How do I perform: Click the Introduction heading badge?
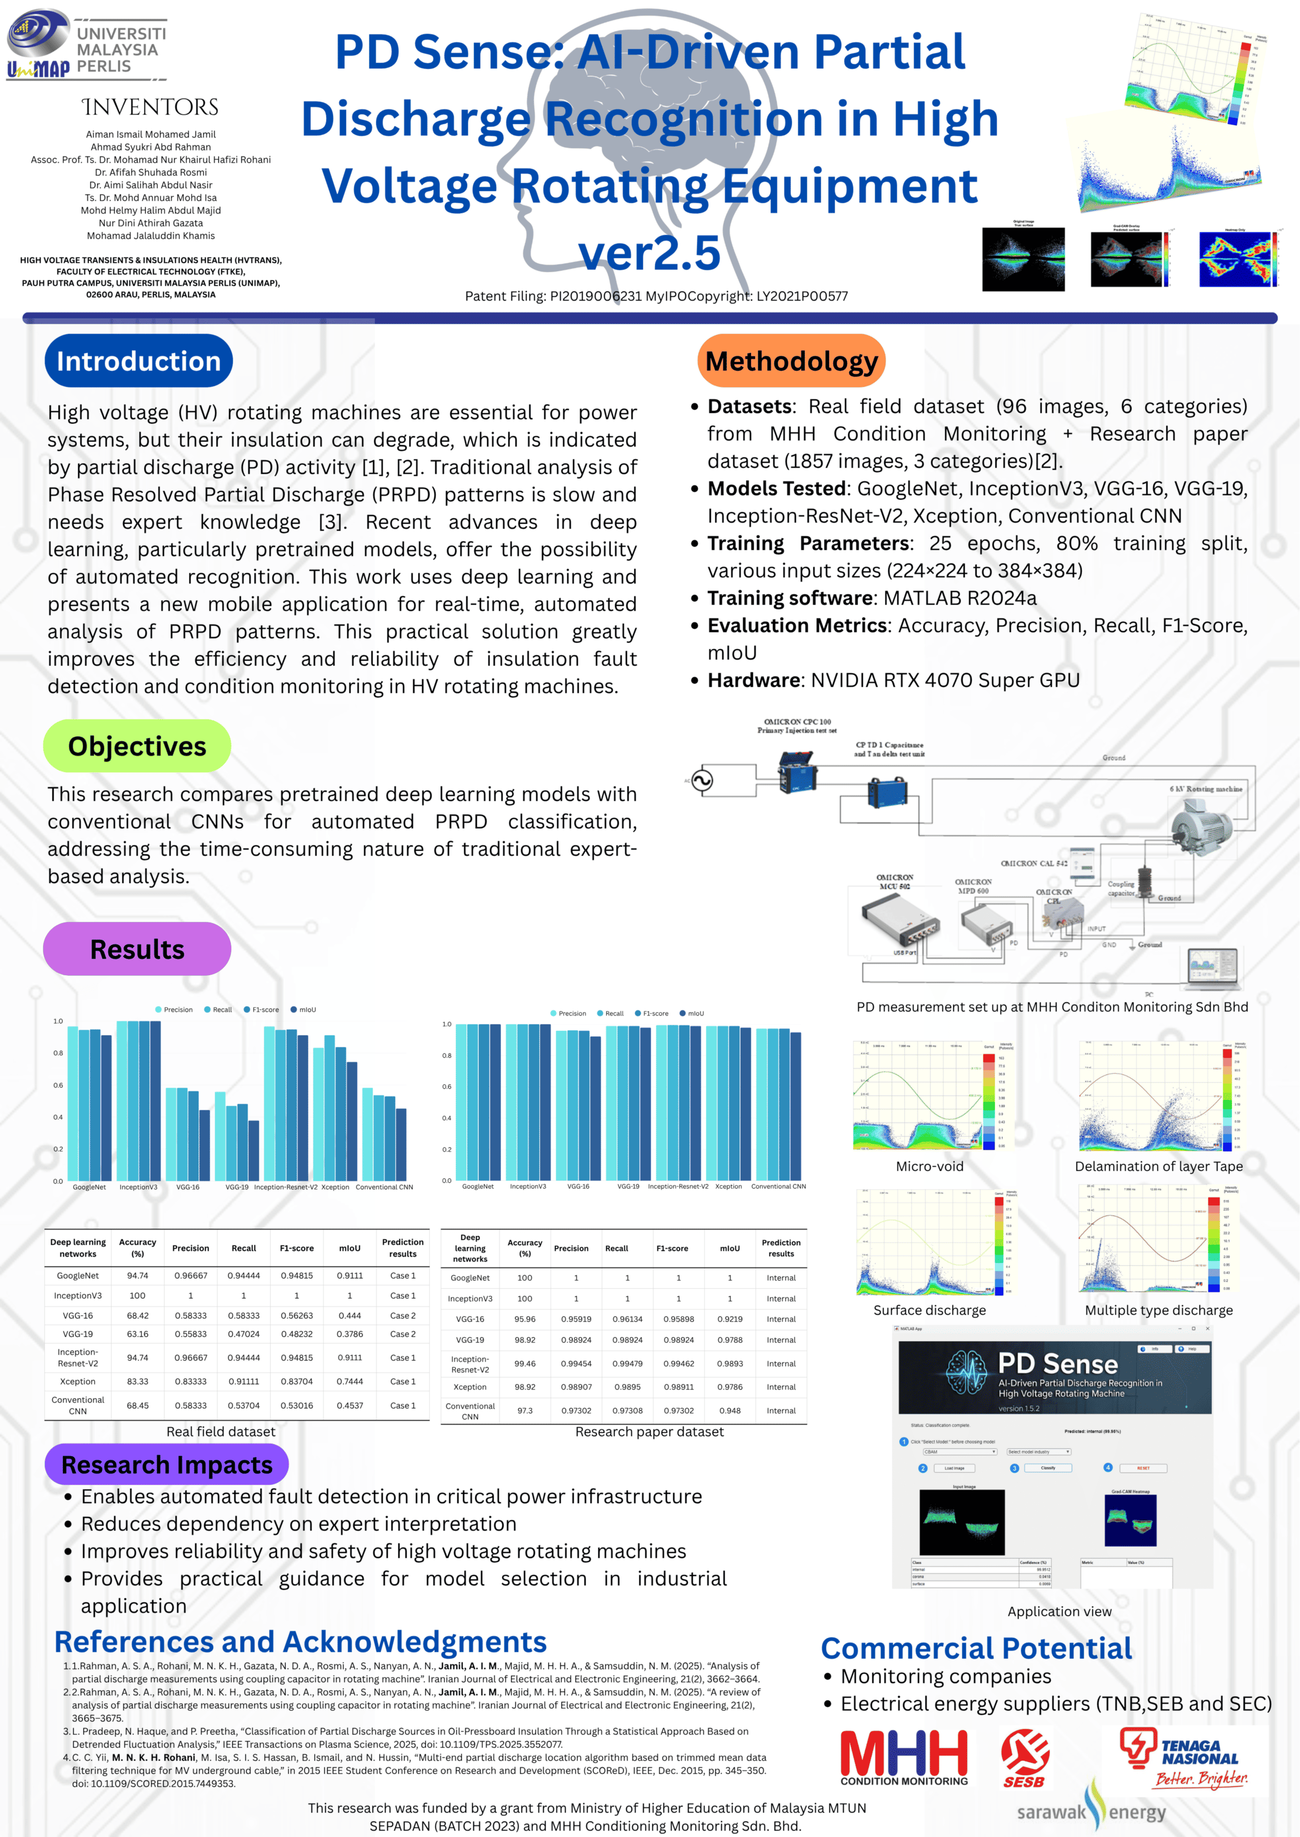coord(139,361)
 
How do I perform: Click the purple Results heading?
coord(137,949)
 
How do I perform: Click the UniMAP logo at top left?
coord(86,47)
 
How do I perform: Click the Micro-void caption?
coord(929,1167)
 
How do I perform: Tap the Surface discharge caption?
coord(929,1311)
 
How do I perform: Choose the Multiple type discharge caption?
coord(1158,1311)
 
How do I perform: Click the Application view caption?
coord(1059,1611)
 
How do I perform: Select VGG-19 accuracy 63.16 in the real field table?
coord(138,1334)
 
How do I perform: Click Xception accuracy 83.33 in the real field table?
coord(138,1381)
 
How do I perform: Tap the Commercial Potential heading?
coord(976,1648)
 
